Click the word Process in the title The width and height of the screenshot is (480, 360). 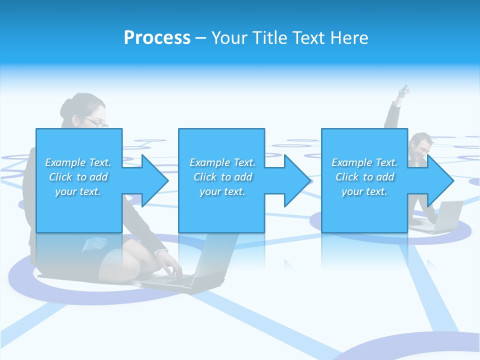pos(157,38)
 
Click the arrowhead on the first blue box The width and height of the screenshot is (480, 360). pos(155,180)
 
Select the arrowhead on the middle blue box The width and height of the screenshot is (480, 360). pos(297,180)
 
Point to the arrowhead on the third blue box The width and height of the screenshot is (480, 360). pos(440,180)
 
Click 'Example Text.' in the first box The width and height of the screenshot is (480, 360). pos(78,162)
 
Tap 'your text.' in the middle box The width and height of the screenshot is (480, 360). pos(222,191)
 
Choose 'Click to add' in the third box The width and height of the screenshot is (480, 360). pos(364,177)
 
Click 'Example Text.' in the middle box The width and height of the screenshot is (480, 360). pos(222,162)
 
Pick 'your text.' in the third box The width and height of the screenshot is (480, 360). pos(364,191)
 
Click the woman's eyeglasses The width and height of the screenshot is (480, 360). pos(97,122)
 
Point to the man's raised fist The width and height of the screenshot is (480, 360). pos(404,90)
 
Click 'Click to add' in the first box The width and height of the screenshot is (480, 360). pos(78,177)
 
